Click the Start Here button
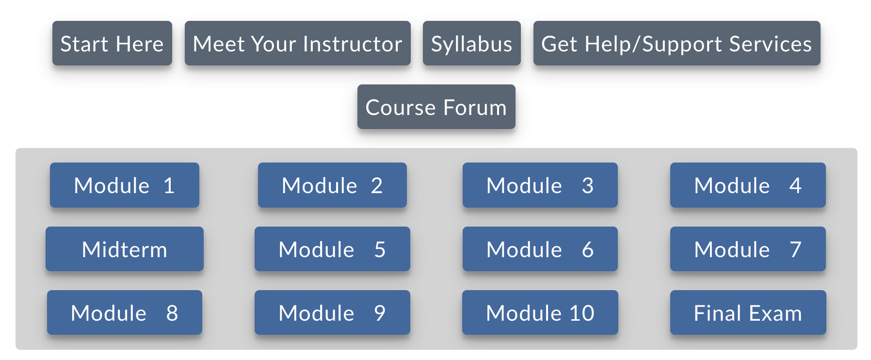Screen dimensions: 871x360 click(112, 43)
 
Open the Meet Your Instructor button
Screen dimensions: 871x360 click(297, 43)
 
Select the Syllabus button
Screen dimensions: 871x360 click(471, 43)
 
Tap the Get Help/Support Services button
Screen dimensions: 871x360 click(677, 43)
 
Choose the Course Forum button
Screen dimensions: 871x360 click(436, 107)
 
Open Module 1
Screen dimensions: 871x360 click(125, 185)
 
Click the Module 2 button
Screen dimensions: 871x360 click(332, 185)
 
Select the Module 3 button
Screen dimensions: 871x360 click(540, 185)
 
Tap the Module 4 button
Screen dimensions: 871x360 click(748, 185)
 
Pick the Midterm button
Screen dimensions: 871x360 click(125, 249)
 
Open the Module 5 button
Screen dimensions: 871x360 click(332, 249)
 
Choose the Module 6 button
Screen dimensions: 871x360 click(540, 249)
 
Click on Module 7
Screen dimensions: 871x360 click(748, 249)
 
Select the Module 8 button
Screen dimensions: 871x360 click(125, 312)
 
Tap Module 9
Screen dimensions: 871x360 click(332, 312)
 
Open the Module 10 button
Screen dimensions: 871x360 click(540, 312)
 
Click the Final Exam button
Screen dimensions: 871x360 click(748, 312)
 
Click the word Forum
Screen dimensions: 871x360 click(475, 107)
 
